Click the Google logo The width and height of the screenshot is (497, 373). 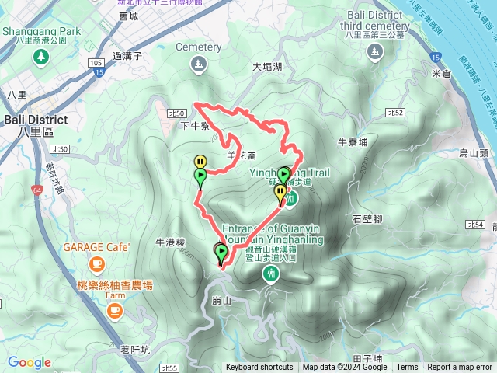[x=30, y=362]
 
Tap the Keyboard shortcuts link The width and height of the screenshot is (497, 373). [x=259, y=368]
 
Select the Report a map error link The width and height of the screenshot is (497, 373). [x=460, y=368]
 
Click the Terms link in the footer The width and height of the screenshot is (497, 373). [x=407, y=368]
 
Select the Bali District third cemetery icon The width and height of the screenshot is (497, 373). [x=375, y=52]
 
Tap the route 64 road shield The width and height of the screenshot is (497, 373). [x=37, y=190]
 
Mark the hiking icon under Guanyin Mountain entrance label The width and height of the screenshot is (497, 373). [x=272, y=273]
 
